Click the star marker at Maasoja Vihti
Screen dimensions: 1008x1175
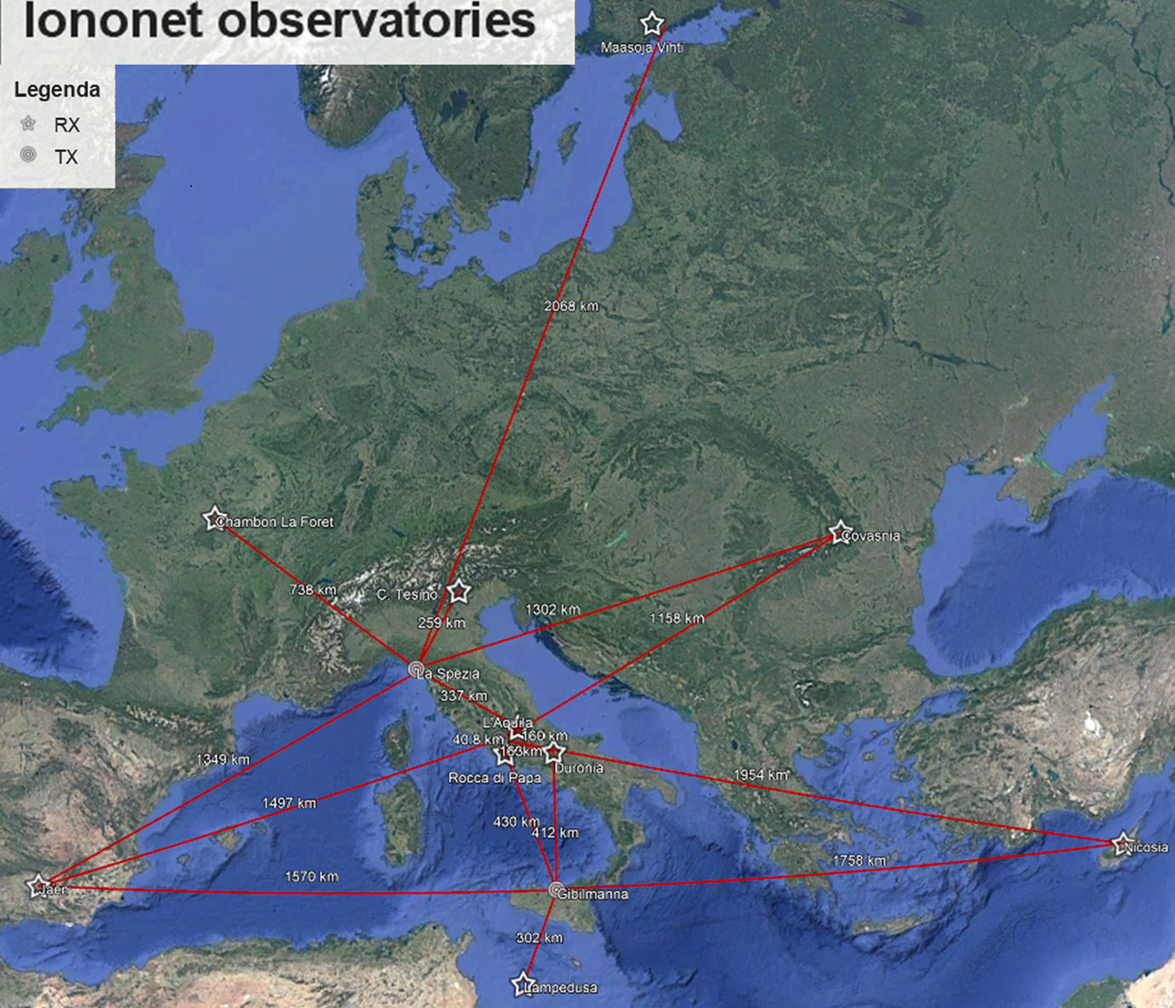coord(652,23)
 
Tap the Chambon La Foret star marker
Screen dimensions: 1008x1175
coord(214,518)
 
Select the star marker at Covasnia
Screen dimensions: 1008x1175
coord(839,533)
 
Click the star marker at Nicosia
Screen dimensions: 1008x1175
coord(1122,844)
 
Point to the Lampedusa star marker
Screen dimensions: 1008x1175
coord(523,984)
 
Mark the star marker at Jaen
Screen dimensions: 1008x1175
coord(37,886)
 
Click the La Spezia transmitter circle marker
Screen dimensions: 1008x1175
coord(416,669)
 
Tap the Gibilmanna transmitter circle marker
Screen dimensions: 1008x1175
coord(556,890)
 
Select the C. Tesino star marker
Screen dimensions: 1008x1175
coord(459,591)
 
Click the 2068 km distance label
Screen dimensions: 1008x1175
coord(571,306)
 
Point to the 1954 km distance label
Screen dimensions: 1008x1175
coord(760,775)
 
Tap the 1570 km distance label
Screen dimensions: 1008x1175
coord(311,876)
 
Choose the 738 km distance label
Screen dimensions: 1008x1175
coord(313,590)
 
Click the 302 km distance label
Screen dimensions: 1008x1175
coord(539,937)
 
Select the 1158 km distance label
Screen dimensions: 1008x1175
coord(676,618)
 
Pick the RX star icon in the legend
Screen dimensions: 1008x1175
coord(29,124)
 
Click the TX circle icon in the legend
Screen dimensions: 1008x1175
coord(29,155)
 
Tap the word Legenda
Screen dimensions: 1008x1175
coord(57,89)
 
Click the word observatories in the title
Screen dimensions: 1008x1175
coord(376,21)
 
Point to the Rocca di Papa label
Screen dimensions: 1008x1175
coord(494,778)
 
